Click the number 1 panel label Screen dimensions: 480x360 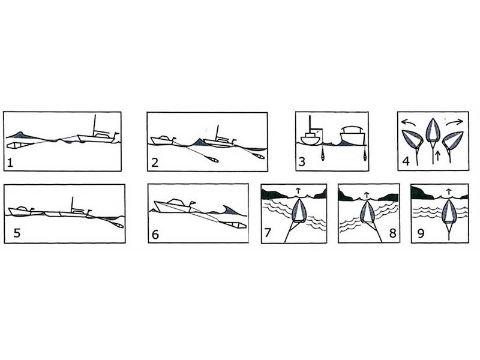10,162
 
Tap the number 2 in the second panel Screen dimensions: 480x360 155,162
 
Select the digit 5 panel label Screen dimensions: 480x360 17,233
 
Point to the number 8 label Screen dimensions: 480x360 392,233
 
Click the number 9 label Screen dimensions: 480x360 421,233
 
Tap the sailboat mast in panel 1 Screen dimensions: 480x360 95,125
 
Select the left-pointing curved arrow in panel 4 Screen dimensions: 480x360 409,122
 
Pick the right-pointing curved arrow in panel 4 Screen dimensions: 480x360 454,122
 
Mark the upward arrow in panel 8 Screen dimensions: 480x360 367,195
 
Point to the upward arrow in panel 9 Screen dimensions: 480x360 448,192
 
